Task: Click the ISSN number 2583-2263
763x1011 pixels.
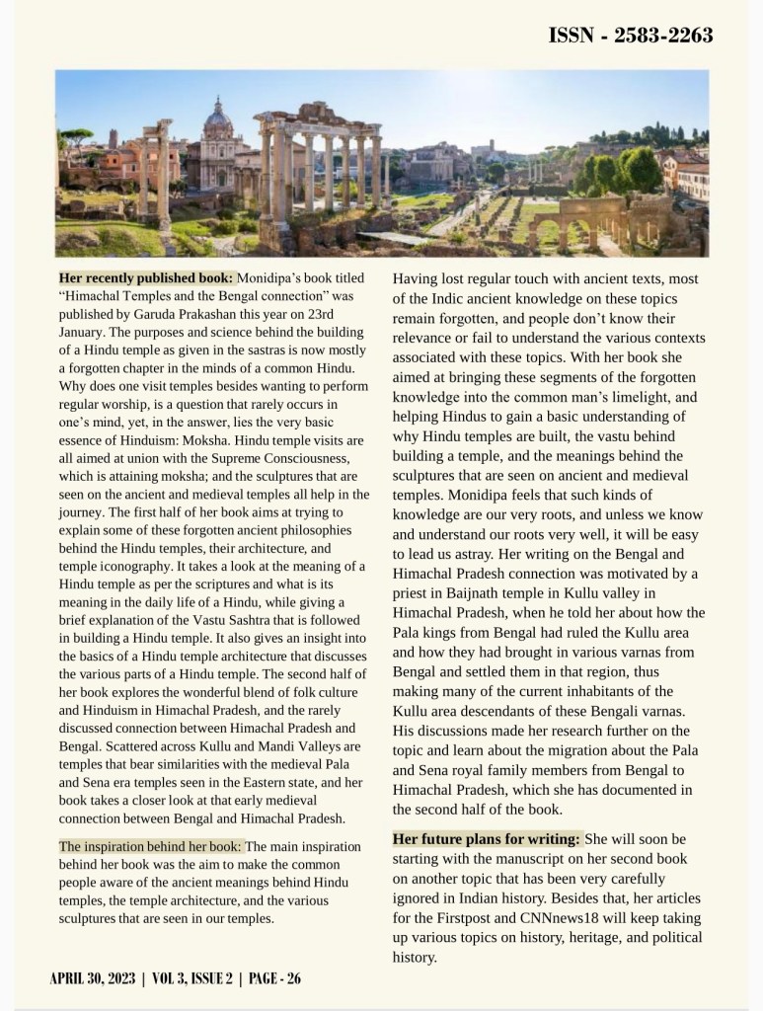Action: (x=631, y=37)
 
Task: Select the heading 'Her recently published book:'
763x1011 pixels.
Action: (x=146, y=279)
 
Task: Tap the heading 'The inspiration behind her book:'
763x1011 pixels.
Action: (x=150, y=846)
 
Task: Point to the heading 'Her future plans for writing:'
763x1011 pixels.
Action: (x=487, y=839)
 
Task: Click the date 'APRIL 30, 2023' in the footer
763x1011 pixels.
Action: (x=94, y=978)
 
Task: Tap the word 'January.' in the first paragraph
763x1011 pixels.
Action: (x=88, y=333)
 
